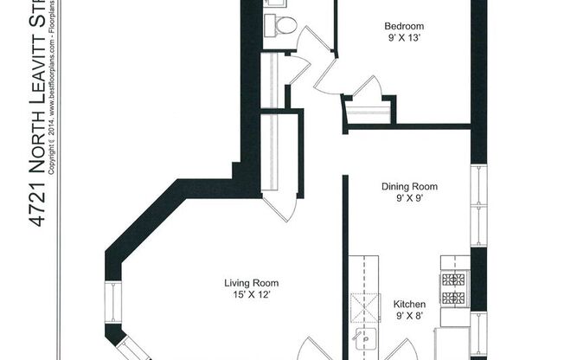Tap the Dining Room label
[409, 186]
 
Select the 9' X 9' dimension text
[409, 198]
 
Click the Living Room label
[251, 283]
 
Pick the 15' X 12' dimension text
[251, 295]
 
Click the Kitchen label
[409, 305]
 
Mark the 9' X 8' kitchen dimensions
[409, 317]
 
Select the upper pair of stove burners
[454, 280]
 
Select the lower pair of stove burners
[454, 299]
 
